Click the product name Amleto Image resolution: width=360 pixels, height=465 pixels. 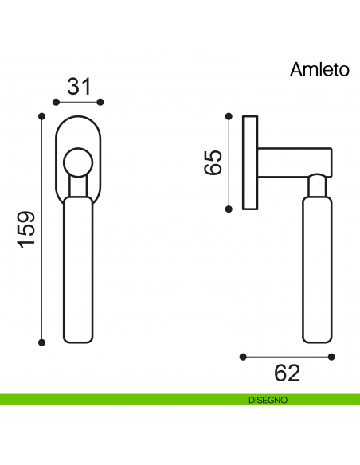point(319,69)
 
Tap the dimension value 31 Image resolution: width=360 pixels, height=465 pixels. point(78,86)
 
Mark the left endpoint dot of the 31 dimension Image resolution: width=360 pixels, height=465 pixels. point(55,102)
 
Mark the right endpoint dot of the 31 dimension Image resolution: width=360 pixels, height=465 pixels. point(101,102)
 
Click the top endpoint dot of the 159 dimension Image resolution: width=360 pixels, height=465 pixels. point(41,116)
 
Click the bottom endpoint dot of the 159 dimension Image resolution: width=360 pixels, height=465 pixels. point(41,342)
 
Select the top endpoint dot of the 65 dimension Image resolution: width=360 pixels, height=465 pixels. point(229,116)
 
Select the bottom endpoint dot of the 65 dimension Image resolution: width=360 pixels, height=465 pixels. point(229,209)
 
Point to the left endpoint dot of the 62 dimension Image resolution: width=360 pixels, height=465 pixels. point(242,356)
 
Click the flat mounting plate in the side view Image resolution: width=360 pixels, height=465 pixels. point(251,162)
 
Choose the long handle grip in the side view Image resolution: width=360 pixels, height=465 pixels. point(316,271)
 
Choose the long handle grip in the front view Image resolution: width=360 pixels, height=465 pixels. point(78,271)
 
